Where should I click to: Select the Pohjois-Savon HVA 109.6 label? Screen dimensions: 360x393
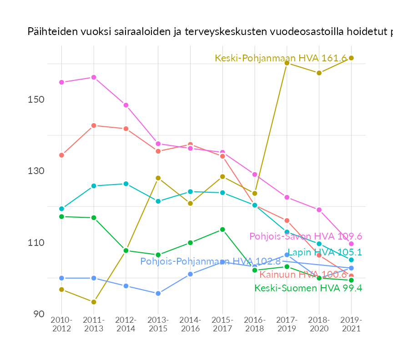[306, 236]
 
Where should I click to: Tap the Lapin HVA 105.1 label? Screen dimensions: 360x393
[325, 252]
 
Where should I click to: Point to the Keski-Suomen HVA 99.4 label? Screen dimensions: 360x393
[308, 288]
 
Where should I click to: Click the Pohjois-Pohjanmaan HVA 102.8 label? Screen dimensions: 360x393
[210, 261]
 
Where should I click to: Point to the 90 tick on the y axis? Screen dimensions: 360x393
[38, 314]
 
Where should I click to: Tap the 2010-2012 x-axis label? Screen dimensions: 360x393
[61, 325]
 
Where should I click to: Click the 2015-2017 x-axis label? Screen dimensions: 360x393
[222, 325]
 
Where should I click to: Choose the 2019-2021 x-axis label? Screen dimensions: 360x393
[351, 325]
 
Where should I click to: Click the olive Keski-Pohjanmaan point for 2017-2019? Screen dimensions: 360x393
[287, 63]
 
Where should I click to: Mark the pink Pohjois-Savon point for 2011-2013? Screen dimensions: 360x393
[94, 77]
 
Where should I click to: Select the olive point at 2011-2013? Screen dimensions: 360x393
[94, 302]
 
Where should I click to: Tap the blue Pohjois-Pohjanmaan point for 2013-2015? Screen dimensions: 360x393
[158, 294]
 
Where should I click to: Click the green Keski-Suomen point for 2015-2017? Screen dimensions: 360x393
[222, 230]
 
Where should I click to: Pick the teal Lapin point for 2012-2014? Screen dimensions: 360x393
[126, 184]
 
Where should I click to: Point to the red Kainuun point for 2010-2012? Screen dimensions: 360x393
[61, 155]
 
